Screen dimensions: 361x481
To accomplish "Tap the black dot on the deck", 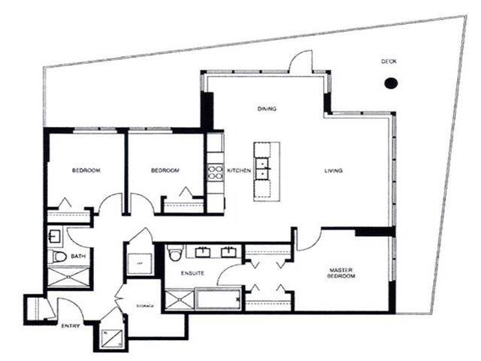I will click(x=390, y=83).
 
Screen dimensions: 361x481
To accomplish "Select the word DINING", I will click(x=267, y=109).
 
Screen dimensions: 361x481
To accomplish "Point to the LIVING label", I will click(x=333, y=171).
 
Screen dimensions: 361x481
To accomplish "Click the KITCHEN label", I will click(x=239, y=171).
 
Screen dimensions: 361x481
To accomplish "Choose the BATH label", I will click(x=78, y=256).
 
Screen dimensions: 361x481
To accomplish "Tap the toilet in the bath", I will click(x=59, y=256).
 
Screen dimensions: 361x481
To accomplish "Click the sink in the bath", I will click(x=55, y=235).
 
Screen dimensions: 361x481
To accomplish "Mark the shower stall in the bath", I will click(x=68, y=277).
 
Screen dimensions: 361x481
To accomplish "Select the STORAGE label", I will click(x=145, y=306).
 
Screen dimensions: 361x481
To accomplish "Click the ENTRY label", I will click(x=70, y=325).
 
